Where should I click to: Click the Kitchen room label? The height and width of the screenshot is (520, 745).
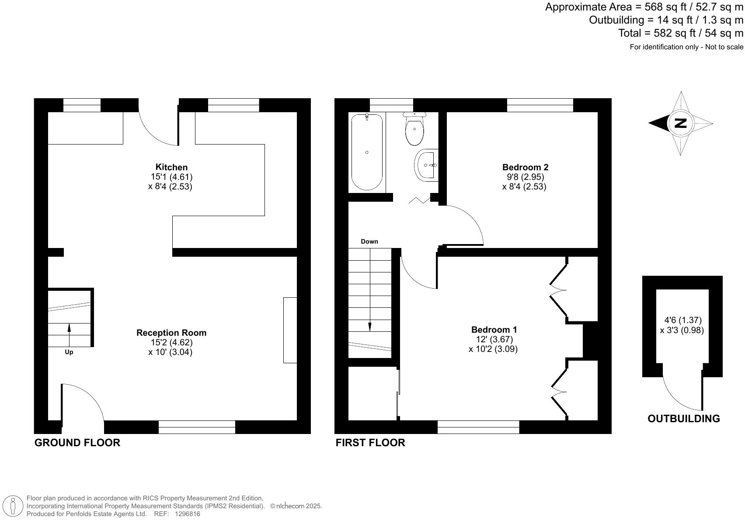pyautogui.click(x=171, y=167)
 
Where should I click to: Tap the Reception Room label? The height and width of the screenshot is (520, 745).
pyautogui.click(x=171, y=333)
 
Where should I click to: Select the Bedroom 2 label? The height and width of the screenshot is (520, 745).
pyautogui.click(x=525, y=167)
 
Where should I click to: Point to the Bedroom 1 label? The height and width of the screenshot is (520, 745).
pyautogui.click(x=494, y=330)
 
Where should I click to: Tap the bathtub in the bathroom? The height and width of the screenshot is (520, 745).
pyautogui.click(x=367, y=152)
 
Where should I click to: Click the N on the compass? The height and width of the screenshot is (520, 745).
pyautogui.click(x=681, y=123)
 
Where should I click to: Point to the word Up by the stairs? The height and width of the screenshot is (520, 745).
pyautogui.click(x=69, y=352)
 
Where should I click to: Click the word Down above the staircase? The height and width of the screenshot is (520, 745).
pyautogui.click(x=369, y=241)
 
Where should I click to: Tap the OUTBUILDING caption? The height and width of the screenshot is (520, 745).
pyautogui.click(x=683, y=419)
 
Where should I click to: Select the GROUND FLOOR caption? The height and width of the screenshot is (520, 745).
pyautogui.click(x=77, y=443)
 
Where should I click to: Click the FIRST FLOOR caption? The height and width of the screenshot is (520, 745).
pyautogui.click(x=370, y=443)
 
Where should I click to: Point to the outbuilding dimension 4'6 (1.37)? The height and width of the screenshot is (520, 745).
pyautogui.click(x=682, y=320)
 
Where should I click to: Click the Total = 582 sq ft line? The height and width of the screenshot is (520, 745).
pyautogui.click(x=680, y=33)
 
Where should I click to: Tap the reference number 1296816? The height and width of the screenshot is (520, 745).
pyautogui.click(x=187, y=514)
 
